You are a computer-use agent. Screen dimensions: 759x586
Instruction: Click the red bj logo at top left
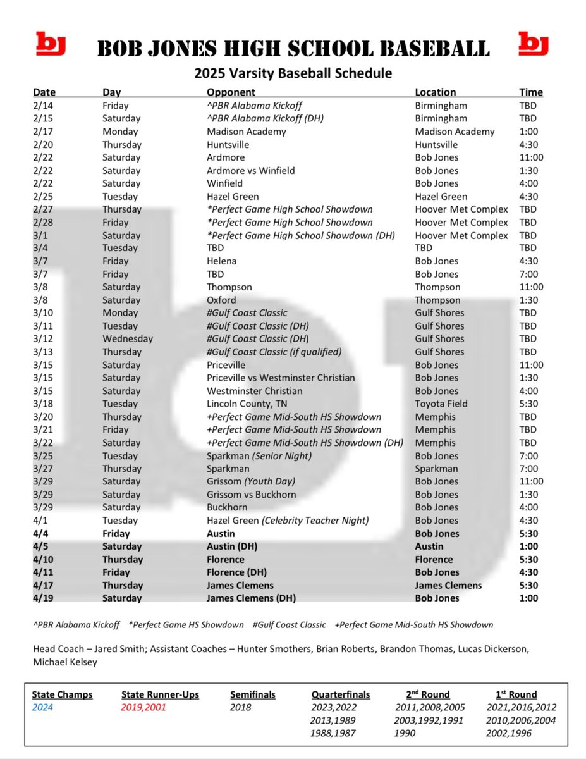51,45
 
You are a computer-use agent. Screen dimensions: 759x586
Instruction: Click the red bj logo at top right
534,45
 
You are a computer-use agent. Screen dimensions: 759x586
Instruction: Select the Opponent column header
231,92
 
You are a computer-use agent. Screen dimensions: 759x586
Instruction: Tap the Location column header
435,92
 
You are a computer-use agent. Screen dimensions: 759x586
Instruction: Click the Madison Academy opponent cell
246,132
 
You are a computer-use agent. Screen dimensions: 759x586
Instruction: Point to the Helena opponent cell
221,261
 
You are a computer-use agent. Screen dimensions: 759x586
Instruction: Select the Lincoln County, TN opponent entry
247,404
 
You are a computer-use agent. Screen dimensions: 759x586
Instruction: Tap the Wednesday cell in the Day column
127,339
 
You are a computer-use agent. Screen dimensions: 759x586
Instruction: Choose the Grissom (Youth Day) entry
252,481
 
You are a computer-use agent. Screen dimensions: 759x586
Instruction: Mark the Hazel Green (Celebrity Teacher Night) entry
288,521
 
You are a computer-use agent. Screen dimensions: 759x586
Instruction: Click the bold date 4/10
44,560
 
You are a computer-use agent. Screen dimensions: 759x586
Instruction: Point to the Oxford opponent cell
221,300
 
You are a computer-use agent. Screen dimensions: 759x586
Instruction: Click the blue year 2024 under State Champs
43,708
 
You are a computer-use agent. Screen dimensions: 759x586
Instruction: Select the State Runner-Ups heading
160,694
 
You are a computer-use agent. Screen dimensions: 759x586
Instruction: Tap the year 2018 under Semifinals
240,708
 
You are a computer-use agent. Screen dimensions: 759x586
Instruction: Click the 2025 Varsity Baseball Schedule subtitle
293,73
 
